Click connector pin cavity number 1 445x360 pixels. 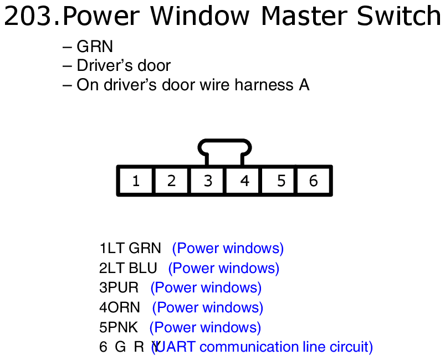point(136,181)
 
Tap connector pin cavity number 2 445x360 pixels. point(171,181)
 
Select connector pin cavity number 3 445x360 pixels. point(207,181)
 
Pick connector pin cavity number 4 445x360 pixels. point(244,181)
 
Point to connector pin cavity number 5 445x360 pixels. point(280,181)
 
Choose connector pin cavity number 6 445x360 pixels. point(314,181)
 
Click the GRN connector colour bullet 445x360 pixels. point(94,47)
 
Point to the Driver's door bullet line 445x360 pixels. point(123,66)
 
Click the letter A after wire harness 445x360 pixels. point(304,85)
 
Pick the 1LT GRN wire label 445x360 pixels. point(130,249)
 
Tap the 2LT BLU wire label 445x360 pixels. point(128,269)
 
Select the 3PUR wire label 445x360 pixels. point(119,288)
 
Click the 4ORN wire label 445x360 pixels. point(120,308)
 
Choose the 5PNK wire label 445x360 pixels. point(119,328)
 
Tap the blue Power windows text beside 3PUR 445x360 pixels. point(206,288)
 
